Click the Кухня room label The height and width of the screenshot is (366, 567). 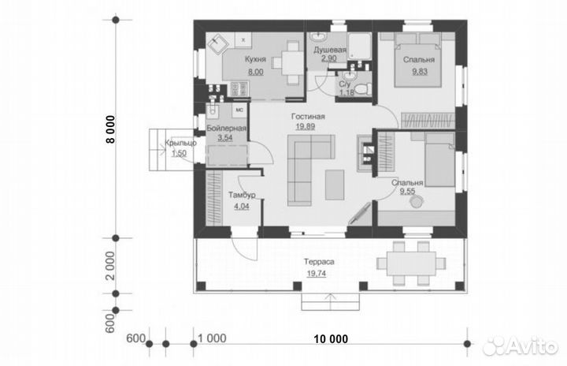[255, 59]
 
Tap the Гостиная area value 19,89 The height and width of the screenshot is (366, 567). [306, 127]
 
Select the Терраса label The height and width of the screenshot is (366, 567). [319, 262]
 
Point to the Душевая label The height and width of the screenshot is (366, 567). [330, 50]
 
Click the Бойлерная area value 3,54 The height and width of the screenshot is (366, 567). [225, 138]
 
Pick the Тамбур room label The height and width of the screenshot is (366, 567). [242, 195]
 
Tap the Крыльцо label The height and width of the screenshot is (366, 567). [180, 143]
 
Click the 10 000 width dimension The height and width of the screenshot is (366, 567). [331, 339]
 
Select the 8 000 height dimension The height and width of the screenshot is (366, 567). [111, 129]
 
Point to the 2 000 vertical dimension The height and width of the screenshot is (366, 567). [111, 266]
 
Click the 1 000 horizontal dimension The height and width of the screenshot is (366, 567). [213, 338]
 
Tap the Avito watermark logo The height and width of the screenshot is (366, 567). [521, 346]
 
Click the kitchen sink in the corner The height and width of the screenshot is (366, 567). [217, 44]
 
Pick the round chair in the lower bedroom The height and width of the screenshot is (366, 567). [417, 201]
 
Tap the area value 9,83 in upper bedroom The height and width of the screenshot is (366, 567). [420, 72]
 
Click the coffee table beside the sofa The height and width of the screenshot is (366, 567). [335, 185]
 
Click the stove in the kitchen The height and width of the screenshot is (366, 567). [239, 89]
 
